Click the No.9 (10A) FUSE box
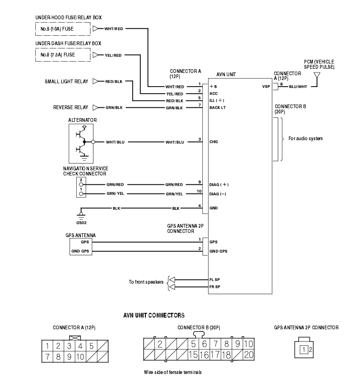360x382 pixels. click(x=63, y=29)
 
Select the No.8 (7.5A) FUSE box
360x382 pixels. click(x=63, y=55)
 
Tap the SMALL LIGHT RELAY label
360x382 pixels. click(x=66, y=81)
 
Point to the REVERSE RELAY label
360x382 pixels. click(x=71, y=107)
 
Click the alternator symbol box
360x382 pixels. click(x=81, y=143)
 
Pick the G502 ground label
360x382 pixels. click(x=81, y=223)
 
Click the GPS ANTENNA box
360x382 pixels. click(x=81, y=247)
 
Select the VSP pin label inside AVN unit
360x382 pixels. click(x=266, y=87)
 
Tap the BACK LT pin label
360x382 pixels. click(x=218, y=108)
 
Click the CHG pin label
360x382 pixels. click(x=214, y=142)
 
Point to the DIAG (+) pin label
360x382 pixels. click(x=219, y=185)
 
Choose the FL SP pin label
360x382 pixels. click(x=215, y=279)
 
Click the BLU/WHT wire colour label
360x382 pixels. click(x=298, y=87)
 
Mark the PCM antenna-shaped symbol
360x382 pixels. click(x=317, y=76)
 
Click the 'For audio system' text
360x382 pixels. click(x=305, y=139)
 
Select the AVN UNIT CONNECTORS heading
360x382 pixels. click(x=154, y=316)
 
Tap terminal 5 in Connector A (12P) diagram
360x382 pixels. click(x=91, y=346)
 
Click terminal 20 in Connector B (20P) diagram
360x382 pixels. click(x=248, y=355)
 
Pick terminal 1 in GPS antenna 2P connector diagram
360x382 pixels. click(x=304, y=350)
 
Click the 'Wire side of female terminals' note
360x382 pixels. click(x=173, y=372)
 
